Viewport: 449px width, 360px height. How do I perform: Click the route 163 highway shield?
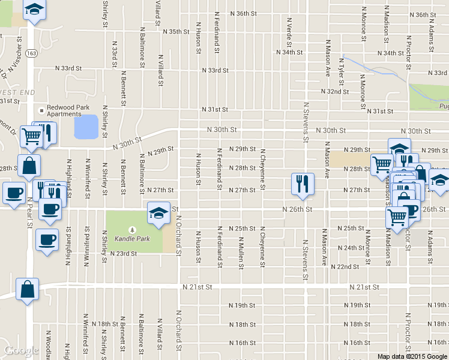coord(32,53)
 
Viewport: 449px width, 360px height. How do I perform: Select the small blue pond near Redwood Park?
coord(85,127)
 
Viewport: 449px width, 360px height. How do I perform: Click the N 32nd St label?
coord(335,91)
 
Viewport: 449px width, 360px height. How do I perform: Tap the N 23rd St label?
coord(124,253)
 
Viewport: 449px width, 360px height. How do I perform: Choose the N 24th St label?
coord(351,248)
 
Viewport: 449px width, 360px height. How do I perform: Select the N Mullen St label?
coord(241,248)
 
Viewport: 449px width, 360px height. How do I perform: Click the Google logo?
coord(20,350)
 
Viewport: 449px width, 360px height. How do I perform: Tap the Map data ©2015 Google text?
coord(412,356)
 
